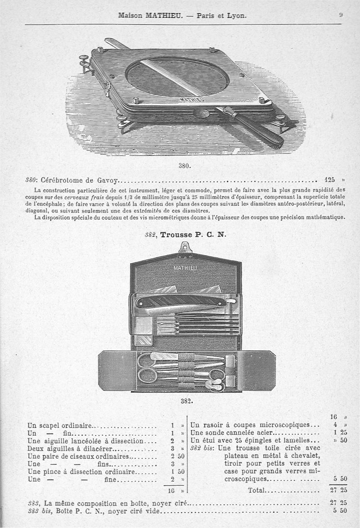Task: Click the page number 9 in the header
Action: pos(341,15)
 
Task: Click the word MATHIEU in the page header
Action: pos(163,15)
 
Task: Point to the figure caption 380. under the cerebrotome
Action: pos(184,165)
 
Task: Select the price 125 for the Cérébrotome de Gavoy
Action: pos(329,181)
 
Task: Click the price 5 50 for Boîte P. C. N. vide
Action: pos(339,511)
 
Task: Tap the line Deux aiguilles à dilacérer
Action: pos(70,448)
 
